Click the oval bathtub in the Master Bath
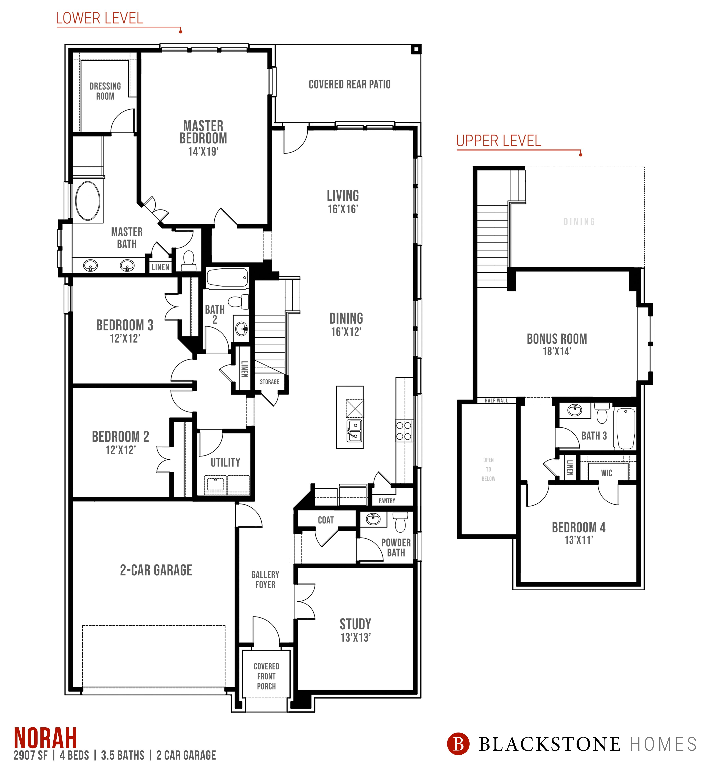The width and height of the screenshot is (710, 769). (x=88, y=201)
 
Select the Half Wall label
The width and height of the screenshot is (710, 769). (x=496, y=401)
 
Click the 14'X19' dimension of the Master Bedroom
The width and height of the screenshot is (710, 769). (x=203, y=151)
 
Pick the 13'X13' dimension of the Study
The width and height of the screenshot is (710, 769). (x=355, y=638)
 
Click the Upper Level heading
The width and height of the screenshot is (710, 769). (x=499, y=141)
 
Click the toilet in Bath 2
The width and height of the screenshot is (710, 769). (x=239, y=301)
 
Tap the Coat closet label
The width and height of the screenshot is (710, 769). (x=326, y=520)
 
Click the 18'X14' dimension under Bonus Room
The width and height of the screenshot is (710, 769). (x=557, y=351)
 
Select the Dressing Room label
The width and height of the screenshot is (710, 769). (x=105, y=91)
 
